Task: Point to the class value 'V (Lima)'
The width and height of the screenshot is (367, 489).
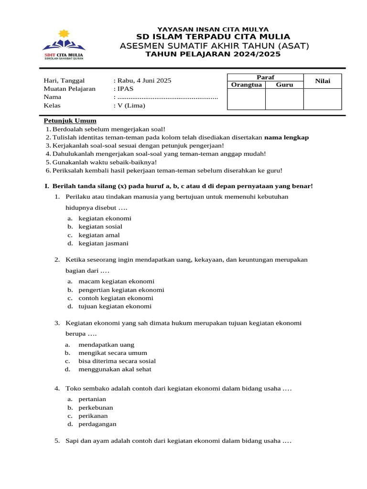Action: pos(131,106)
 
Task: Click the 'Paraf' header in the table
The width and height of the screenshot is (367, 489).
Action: pos(265,77)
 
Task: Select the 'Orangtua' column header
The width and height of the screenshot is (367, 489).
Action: pos(246,85)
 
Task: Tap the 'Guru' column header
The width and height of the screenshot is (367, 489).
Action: pos(284,85)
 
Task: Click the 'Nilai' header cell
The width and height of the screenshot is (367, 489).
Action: pos(323,81)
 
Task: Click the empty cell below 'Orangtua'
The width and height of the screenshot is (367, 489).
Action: pos(246,99)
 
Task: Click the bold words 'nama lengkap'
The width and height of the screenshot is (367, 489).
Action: pos(286,138)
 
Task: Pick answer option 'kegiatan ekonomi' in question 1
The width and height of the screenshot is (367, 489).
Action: pos(105,218)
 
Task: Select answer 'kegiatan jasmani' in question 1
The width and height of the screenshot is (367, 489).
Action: pos(103,244)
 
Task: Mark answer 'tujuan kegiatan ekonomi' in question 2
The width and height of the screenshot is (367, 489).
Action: pos(115,307)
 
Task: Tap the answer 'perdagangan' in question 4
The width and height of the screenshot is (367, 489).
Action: pos(97,424)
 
